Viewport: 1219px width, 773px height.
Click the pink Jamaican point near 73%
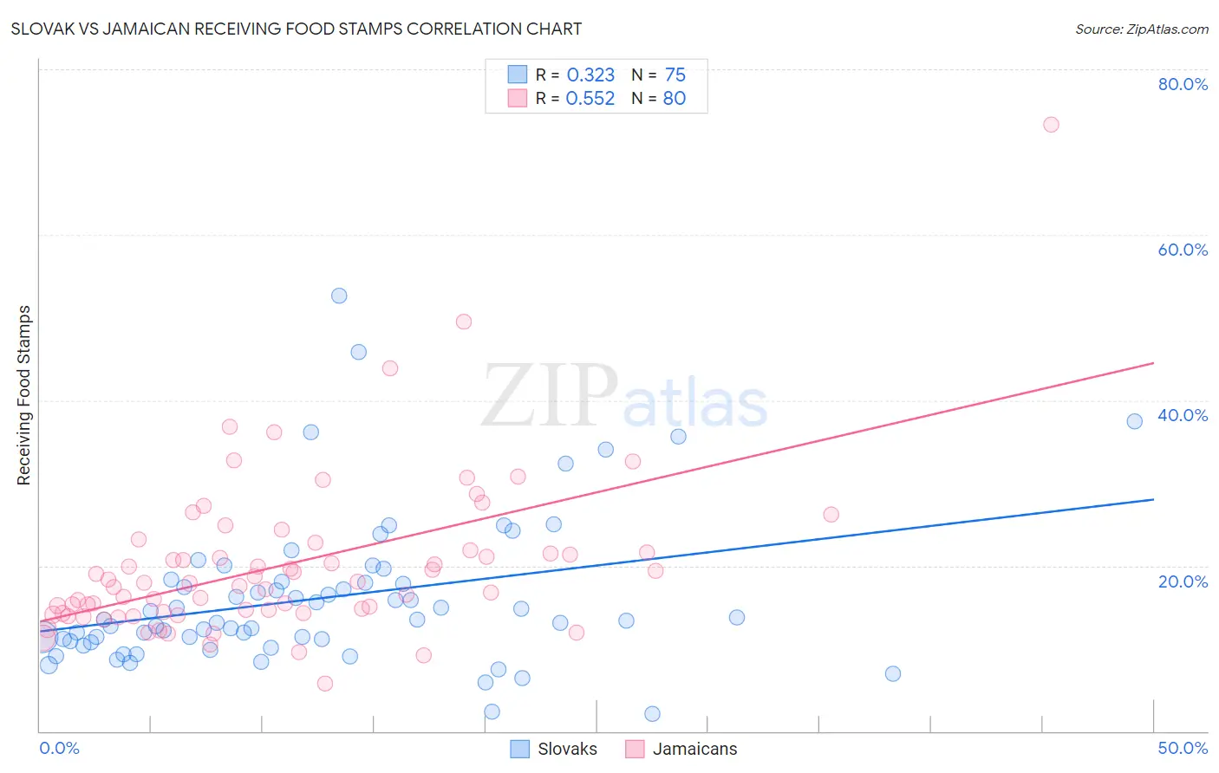[1051, 125]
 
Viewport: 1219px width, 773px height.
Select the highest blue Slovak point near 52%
[339, 296]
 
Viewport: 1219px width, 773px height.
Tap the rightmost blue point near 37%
[1134, 421]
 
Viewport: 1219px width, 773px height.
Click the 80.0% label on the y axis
[1183, 84]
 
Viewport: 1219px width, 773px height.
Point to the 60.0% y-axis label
[1183, 250]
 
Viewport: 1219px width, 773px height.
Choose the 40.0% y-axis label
[1183, 415]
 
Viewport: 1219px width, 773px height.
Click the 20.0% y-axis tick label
[1183, 581]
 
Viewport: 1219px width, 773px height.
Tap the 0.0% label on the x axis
[59, 748]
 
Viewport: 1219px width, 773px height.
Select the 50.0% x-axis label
[1183, 748]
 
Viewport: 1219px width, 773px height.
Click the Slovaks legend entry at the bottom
[555, 749]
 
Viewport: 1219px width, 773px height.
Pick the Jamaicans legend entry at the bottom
[682, 749]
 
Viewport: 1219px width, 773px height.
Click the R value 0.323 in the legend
[590, 75]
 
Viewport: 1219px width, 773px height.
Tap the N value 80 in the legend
[674, 99]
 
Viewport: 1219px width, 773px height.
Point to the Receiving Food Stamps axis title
[24, 395]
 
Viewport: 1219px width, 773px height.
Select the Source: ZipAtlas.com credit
[1141, 29]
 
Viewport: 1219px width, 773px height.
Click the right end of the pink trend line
[1153, 363]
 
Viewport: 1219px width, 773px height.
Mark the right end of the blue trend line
[1153, 499]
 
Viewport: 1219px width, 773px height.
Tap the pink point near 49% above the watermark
[464, 322]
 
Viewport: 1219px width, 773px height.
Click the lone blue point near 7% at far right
[893, 673]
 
